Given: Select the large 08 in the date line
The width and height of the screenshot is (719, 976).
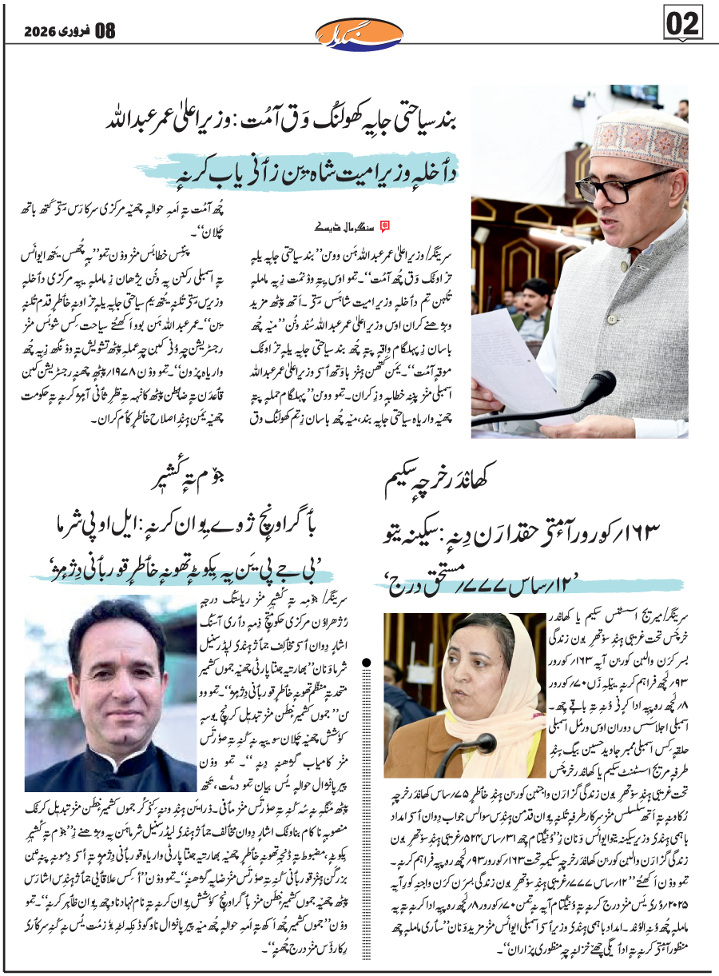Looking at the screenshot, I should click(105, 31).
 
